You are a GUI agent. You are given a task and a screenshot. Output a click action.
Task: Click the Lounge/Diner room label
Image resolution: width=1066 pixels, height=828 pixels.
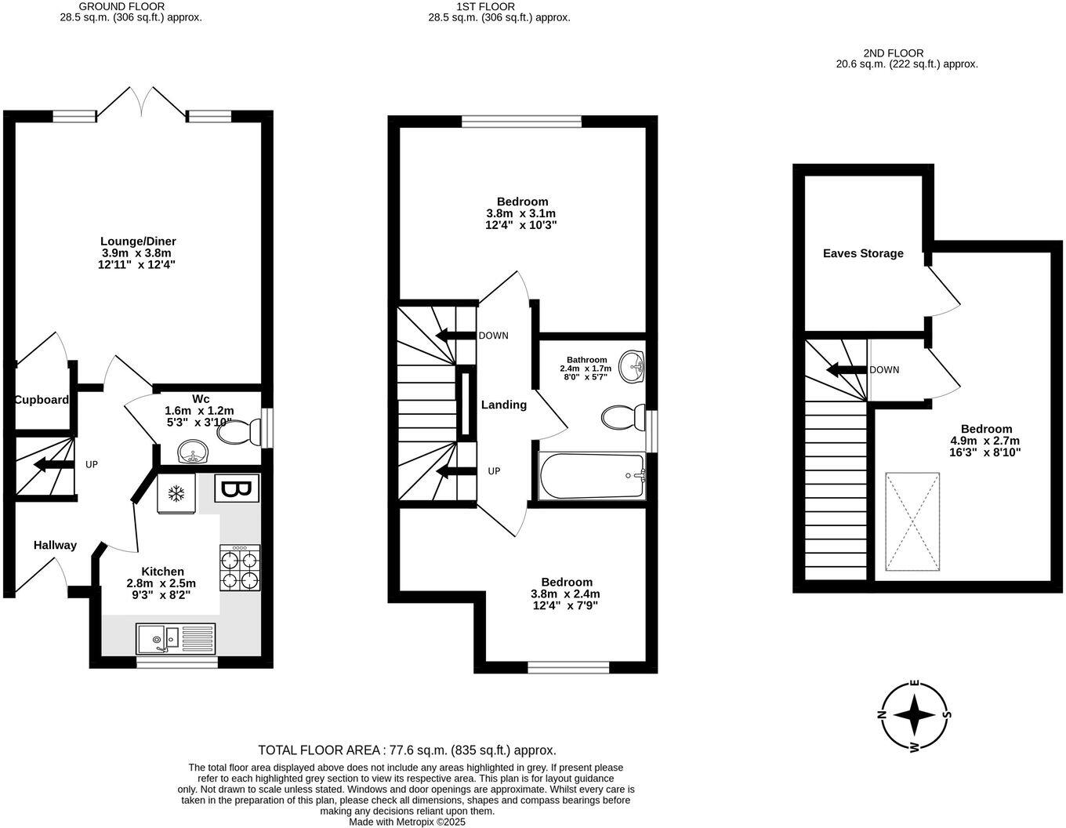click(x=138, y=241)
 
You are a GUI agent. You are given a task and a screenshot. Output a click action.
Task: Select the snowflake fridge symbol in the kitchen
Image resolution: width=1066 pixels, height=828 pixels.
click(x=177, y=495)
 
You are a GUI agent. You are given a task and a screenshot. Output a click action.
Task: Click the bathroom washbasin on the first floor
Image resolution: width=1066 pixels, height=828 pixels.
click(x=632, y=367)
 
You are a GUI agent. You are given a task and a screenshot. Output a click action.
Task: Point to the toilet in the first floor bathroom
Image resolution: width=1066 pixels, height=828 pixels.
click(x=624, y=416)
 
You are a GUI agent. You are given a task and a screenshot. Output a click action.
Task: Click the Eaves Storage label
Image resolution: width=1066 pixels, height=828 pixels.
click(x=863, y=253)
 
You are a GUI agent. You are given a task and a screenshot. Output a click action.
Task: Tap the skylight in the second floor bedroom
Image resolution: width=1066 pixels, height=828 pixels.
click(x=912, y=521)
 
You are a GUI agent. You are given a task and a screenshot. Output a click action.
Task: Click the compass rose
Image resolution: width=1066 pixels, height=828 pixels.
click(x=914, y=715)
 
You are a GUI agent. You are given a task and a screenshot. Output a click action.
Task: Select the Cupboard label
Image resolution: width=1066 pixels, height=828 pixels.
click(x=42, y=400)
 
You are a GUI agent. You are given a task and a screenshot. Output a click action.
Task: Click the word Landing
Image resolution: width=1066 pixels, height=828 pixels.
click(x=503, y=405)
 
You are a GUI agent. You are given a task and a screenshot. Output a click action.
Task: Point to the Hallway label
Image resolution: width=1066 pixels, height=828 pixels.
click(x=55, y=545)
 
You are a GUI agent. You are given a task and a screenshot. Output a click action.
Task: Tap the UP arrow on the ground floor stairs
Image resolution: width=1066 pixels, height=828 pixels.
click(x=53, y=465)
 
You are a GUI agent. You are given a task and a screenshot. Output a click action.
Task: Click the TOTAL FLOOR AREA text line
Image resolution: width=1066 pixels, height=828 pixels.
click(x=407, y=750)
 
